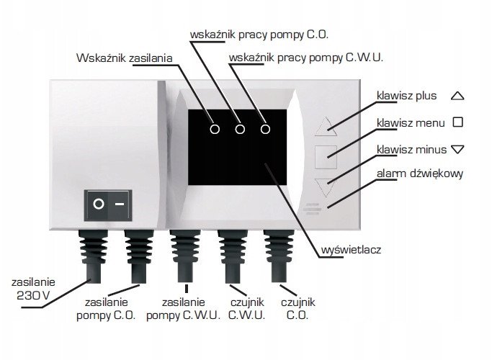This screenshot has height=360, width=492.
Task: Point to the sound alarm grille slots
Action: click(312, 209)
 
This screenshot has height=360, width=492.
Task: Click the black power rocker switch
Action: click(108, 205)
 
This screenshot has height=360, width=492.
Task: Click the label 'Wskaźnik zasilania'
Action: click(124, 58)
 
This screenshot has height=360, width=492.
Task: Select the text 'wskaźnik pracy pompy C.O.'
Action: click(259, 35)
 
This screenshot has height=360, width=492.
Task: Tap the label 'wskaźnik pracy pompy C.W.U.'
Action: click(306, 58)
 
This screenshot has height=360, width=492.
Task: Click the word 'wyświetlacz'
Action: click(351, 250)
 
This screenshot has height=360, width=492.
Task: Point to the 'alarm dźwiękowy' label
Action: click(420, 174)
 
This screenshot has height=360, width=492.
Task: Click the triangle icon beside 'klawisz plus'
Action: click(457, 96)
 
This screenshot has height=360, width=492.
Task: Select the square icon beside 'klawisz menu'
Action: click(458, 122)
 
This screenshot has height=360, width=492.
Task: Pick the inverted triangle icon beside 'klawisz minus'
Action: click(457, 149)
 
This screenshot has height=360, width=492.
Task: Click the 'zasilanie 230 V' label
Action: click(33, 289)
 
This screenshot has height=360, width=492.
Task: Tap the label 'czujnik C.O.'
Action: click(298, 309)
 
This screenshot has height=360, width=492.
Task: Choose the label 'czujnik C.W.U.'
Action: click(247, 309)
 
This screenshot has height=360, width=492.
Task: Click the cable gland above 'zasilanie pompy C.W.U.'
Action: click(185, 256)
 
